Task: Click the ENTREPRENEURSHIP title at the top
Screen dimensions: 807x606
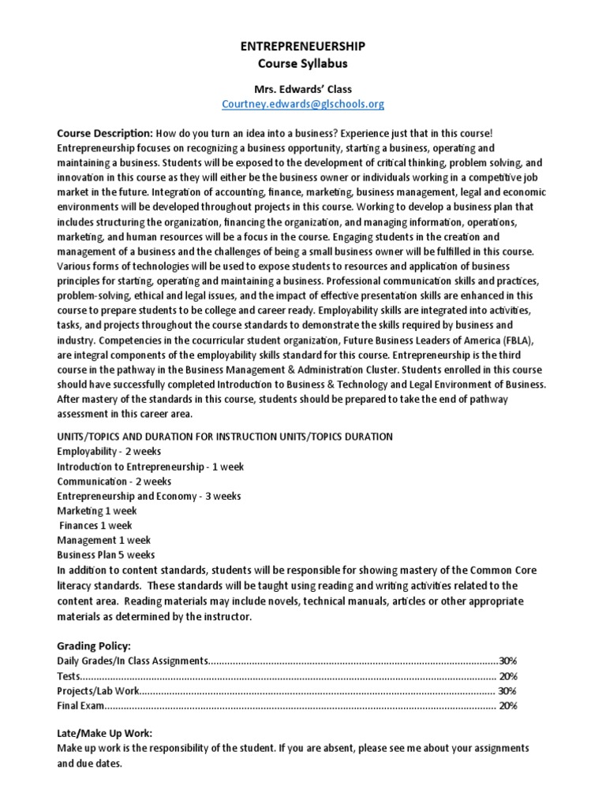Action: tap(304, 47)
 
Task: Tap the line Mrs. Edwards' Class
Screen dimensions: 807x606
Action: tap(304, 89)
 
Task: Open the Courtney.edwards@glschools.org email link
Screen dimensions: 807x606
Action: tap(304, 104)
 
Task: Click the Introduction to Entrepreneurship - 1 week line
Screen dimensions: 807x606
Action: tap(150, 467)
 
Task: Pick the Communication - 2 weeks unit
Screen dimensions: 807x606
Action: tap(114, 481)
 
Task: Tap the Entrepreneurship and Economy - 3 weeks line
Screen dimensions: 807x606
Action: tap(148, 496)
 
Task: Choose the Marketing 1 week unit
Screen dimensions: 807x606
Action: tap(96, 511)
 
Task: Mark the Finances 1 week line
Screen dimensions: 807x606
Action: tap(95, 526)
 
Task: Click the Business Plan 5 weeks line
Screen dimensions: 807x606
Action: tap(106, 555)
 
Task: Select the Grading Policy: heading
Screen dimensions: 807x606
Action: tap(94, 645)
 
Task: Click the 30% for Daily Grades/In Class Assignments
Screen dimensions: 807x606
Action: tap(507, 660)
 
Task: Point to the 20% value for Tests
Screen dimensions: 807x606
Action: tap(507, 675)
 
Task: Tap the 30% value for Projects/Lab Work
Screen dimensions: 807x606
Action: tap(507, 690)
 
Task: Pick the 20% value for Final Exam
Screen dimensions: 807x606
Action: tap(507, 705)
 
